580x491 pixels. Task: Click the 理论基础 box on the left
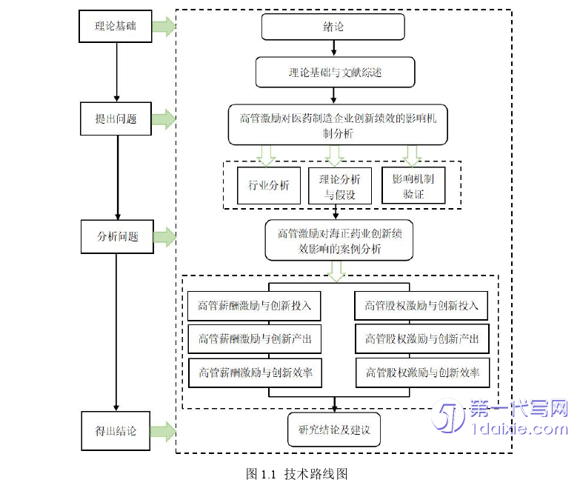[116, 27]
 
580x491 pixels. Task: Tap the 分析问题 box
[117, 237]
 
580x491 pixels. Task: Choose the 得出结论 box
[116, 430]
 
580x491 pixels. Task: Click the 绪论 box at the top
[333, 27]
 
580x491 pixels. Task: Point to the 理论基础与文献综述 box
[335, 73]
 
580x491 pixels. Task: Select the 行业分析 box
[268, 185]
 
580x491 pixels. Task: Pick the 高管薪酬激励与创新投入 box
[254, 305]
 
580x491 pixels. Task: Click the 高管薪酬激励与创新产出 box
[254, 339]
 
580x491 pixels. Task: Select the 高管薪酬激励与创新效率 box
[254, 373]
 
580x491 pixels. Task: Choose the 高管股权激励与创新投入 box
[421, 305]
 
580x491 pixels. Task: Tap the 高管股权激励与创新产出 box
[421, 339]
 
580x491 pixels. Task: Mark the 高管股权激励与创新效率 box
[421, 373]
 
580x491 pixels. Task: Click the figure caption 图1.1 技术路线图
[296, 474]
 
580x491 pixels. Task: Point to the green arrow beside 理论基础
[164, 28]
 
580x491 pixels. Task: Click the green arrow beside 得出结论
[164, 430]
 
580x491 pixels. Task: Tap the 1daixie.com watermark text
[519, 429]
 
